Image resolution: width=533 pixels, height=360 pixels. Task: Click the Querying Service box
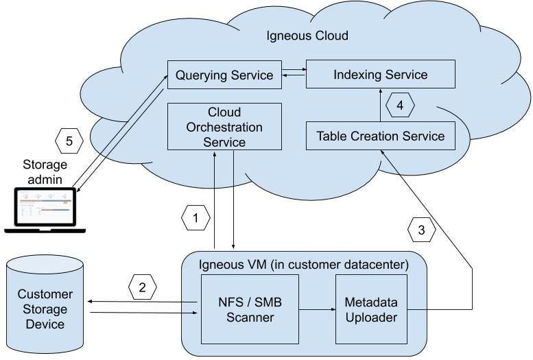click(x=224, y=74)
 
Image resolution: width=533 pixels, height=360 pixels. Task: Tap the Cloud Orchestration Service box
click(x=224, y=126)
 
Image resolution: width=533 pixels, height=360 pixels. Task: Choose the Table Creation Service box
click(x=380, y=136)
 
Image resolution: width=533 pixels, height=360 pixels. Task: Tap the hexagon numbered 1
click(x=196, y=219)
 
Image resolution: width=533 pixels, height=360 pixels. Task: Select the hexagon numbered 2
click(x=142, y=288)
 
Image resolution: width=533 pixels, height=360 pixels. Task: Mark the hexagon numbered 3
click(x=422, y=230)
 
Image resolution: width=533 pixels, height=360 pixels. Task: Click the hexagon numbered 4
click(x=400, y=107)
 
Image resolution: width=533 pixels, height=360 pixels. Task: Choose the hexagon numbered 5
click(x=68, y=142)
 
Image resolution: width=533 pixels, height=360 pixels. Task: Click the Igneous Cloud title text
click(x=307, y=35)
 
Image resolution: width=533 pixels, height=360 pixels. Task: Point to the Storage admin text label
click(x=45, y=171)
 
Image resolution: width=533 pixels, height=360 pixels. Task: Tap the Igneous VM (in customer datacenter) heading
click(x=303, y=263)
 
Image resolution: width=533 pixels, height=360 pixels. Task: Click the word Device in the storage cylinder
click(x=45, y=324)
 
